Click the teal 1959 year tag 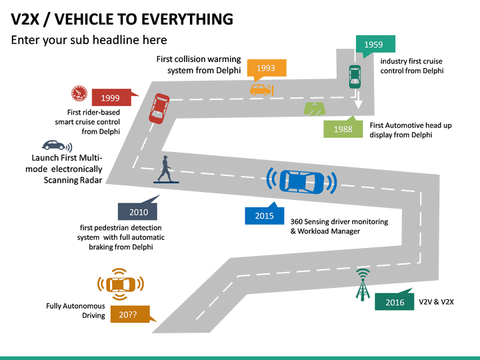(374, 45)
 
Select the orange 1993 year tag (266, 68)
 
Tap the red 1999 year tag (111, 98)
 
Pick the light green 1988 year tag (343, 129)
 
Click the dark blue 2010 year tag (138, 212)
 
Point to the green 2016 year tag (395, 302)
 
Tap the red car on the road (159, 107)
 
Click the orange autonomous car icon (119, 283)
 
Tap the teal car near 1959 (355, 76)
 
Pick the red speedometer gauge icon (79, 93)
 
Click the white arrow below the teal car (358, 101)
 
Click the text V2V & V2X (436, 302)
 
